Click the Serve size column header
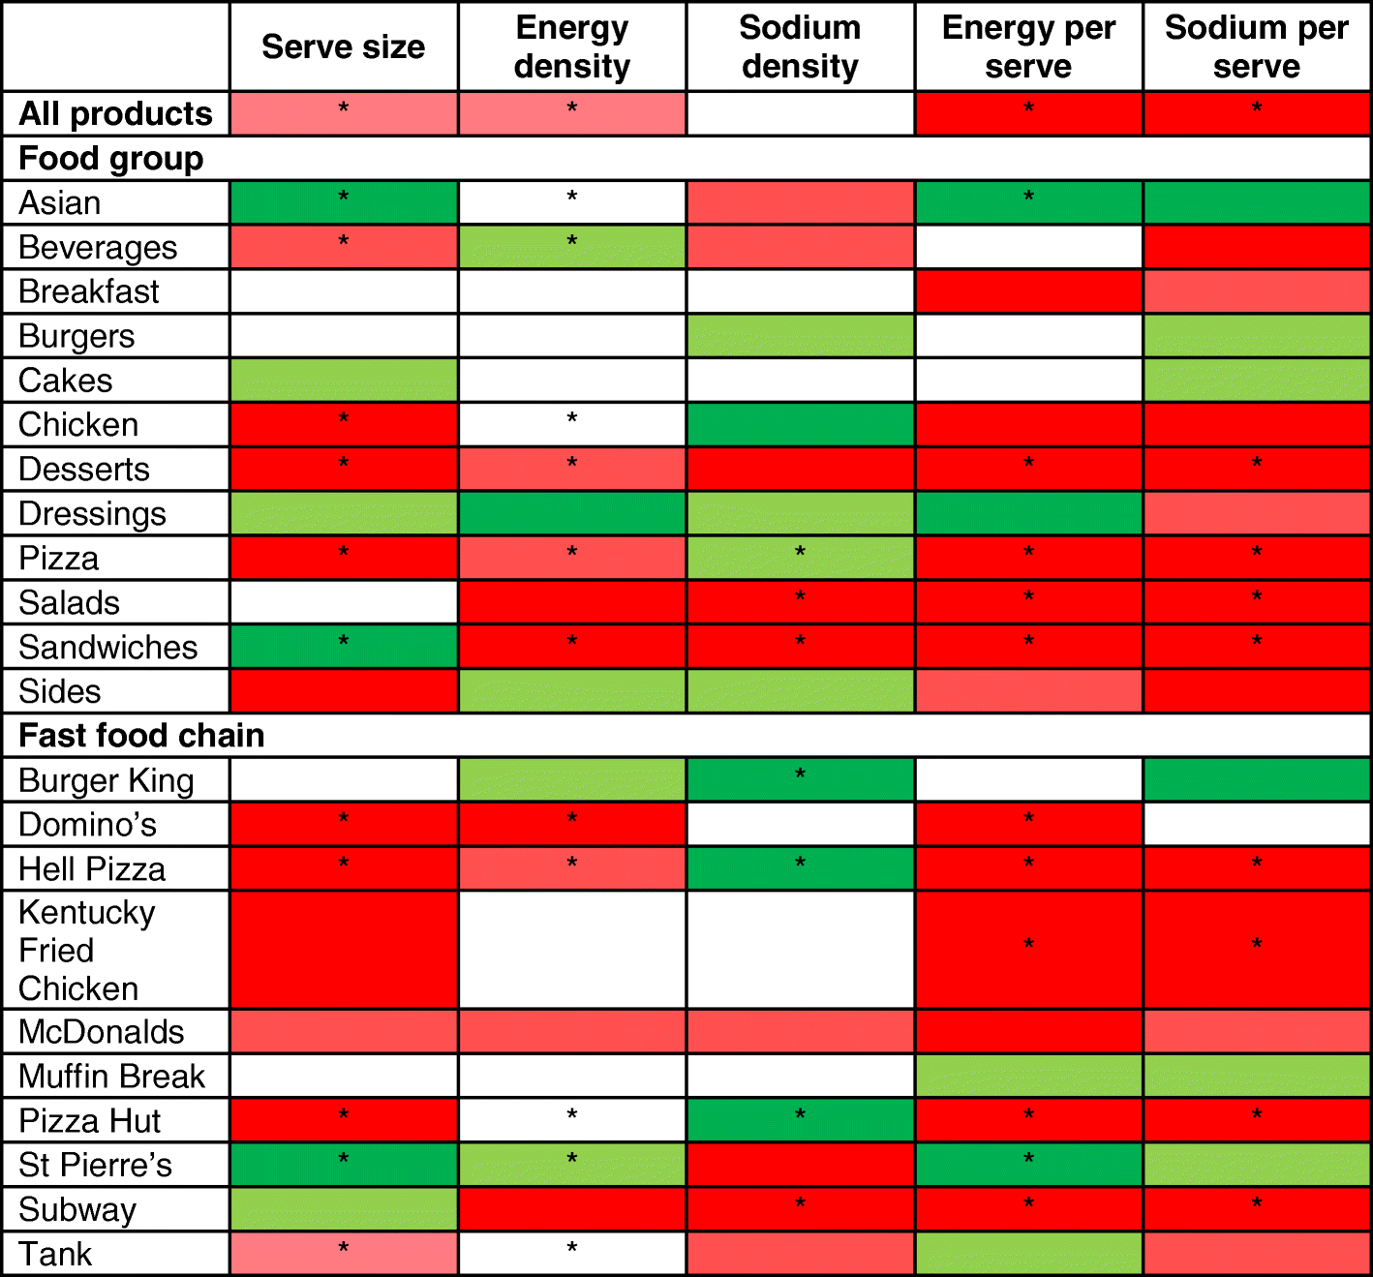coord(343,46)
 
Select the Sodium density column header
coord(800,46)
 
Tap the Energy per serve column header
coord(1028,46)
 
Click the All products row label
coord(115,113)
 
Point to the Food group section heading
coord(111,158)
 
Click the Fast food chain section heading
coord(141,735)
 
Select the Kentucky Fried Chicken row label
coord(87,950)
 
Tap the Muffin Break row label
coord(111,1076)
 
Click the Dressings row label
coord(92,513)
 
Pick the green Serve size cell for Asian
coord(344,203)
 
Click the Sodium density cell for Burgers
coord(800,336)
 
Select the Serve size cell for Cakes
coord(344,380)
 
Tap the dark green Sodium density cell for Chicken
coord(800,425)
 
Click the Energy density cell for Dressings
coord(572,513)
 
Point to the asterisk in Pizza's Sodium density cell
coord(800,552)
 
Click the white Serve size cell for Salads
coord(344,602)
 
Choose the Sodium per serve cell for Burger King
coord(1257,780)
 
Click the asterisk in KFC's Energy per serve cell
coord(1028,944)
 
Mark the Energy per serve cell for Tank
coord(1028,1254)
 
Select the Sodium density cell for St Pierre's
coord(800,1165)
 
